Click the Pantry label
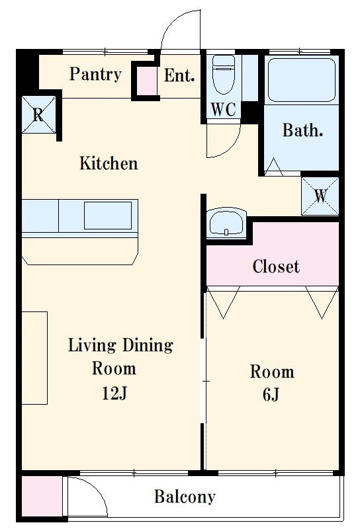tap(95, 74)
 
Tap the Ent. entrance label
tap(179, 75)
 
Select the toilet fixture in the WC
tap(224, 74)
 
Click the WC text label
tap(223, 109)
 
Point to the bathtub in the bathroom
tap(301, 79)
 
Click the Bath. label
tap(302, 130)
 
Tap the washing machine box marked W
tap(320, 196)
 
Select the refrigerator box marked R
tap(39, 114)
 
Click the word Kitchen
tap(109, 163)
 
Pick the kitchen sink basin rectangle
tap(108, 216)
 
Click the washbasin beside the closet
tap(226, 223)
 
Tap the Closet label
tap(276, 266)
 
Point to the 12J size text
tap(114, 393)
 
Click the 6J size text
tap(271, 394)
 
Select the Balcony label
tap(185, 497)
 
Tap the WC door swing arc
tap(232, 145)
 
